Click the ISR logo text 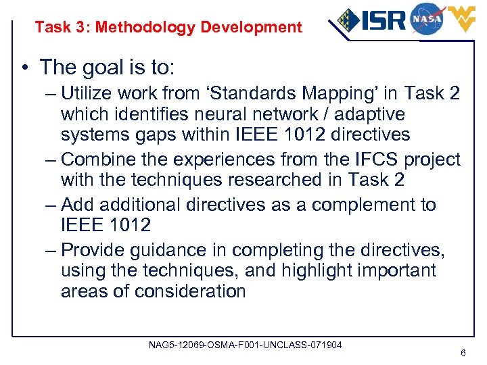(382, 21)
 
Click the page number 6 (463, 353)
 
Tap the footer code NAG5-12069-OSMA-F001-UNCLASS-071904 (245, 345)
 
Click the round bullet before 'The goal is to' (26, 68)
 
